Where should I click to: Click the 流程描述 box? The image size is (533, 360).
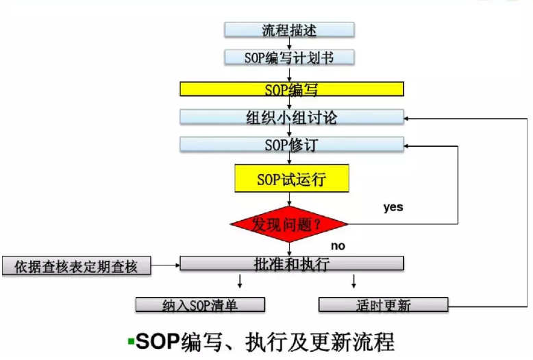point(290,29)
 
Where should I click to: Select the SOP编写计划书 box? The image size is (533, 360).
point(290,58)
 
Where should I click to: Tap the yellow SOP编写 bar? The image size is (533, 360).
point(291,89)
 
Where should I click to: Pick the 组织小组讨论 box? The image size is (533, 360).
point(291,117)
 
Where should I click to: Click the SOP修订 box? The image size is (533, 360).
point(291,145)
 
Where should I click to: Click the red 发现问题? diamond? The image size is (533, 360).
point(289,224)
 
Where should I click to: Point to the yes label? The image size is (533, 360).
point(393,206)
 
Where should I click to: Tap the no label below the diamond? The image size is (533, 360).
point(338,245)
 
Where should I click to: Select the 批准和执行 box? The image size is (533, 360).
point(291,263)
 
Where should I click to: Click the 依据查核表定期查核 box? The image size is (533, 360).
point(76,266)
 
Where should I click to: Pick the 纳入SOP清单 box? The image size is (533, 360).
point(200,305)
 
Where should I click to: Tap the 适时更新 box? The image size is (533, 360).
point(384,304)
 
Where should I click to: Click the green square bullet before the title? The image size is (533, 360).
point(131,340)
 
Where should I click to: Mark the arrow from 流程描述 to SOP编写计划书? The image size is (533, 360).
point(290,44)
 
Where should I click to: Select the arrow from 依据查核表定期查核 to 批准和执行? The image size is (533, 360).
point(164,265)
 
